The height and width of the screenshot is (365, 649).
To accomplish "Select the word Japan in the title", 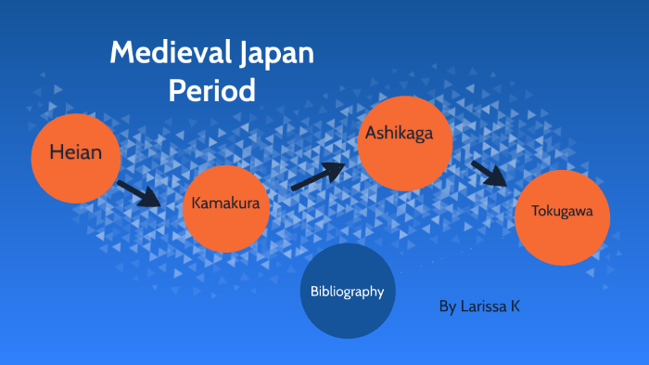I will tap(274, 54).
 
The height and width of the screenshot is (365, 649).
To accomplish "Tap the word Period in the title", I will tap(211, 90).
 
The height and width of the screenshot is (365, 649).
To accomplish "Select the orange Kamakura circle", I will tap(227, 208).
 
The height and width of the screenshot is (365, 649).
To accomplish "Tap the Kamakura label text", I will tap(225, 202).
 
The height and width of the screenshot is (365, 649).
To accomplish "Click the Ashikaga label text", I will tap(396, 133).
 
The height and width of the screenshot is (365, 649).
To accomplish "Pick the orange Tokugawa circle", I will tap(561, 218).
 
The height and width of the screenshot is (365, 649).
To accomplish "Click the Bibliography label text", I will tap(348, 292).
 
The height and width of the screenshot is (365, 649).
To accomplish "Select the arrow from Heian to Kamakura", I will tap(139, 193).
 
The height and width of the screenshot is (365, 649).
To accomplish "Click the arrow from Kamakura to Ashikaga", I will tap(318, 176).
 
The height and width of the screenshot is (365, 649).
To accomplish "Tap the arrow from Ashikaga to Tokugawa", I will tap(490, 174).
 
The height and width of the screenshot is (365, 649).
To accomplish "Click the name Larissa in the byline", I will tap(482, 306).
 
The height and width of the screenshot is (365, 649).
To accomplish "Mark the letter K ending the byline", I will tap(515, 306).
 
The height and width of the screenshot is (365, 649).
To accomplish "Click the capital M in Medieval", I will tap(121, 53).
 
